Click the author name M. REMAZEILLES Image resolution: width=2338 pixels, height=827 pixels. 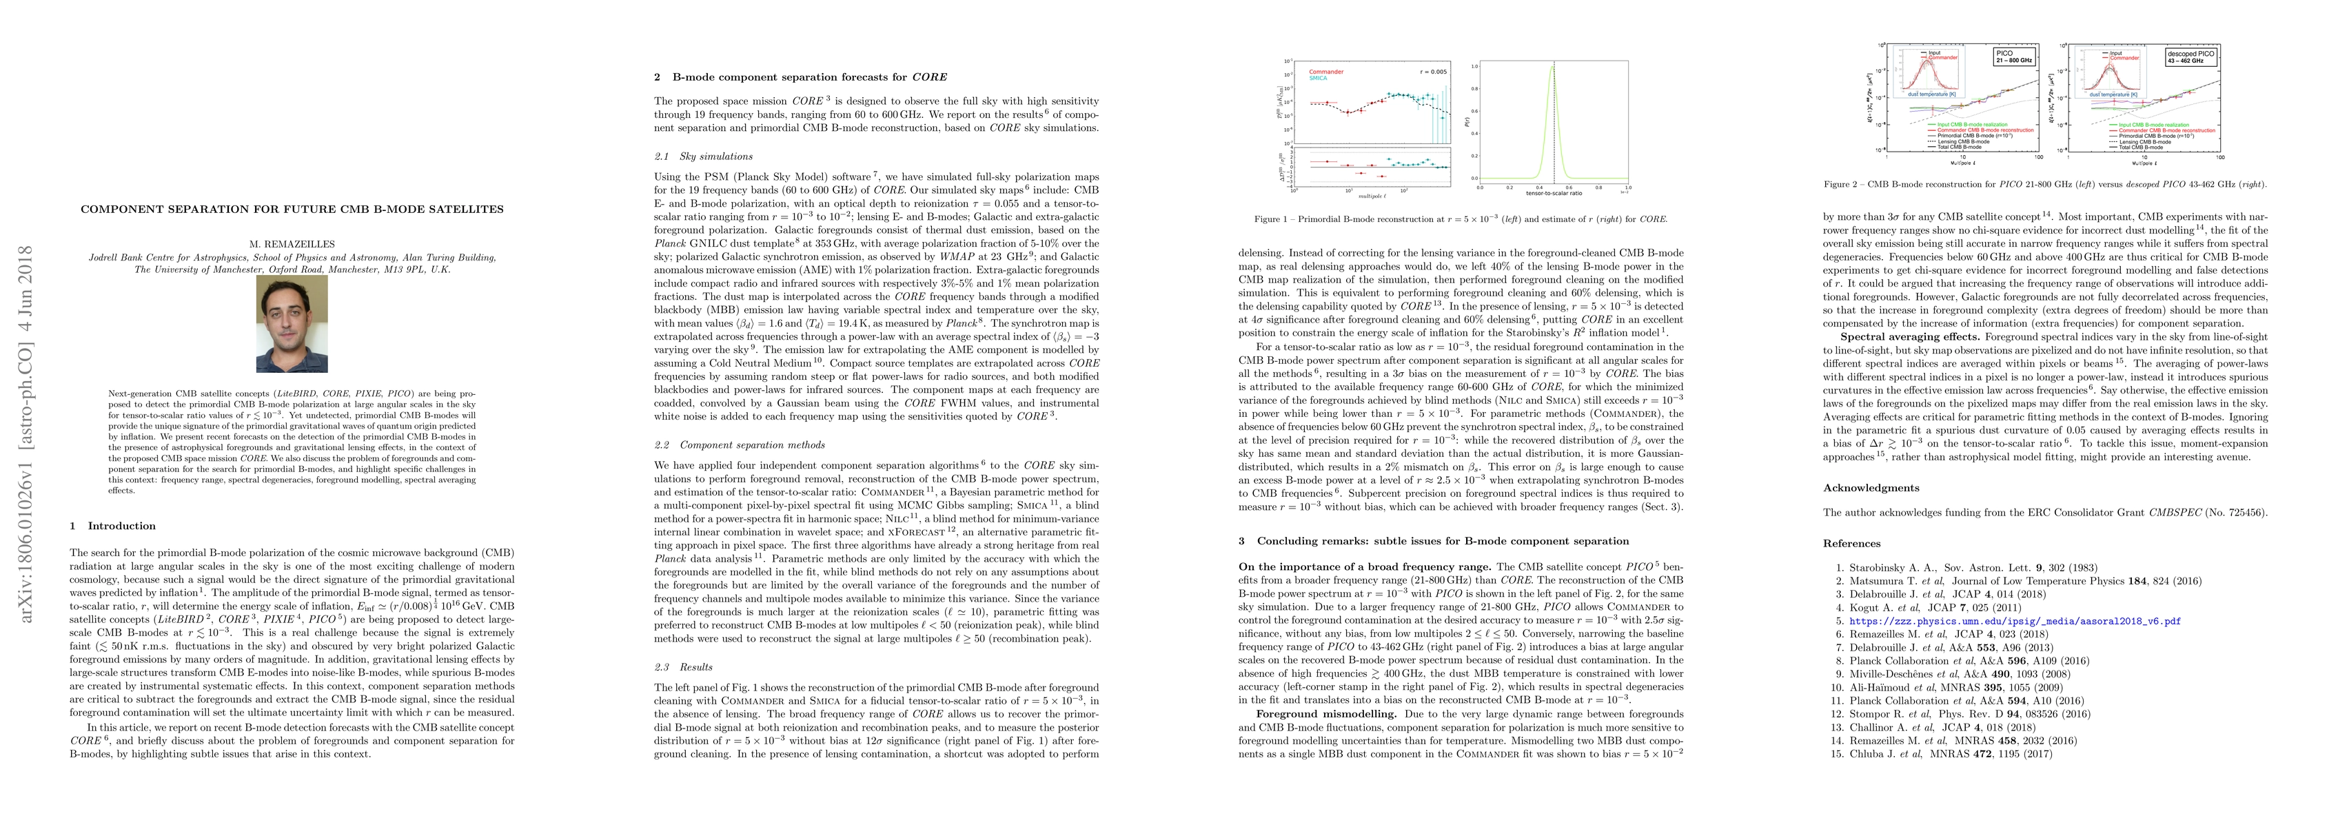tap(292, 243)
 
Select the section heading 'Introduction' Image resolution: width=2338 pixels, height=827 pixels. tap(121, 526)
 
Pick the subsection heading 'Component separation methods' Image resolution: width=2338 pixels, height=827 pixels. tap(753, 445)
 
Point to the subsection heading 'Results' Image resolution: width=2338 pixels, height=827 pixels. tap(696, 667)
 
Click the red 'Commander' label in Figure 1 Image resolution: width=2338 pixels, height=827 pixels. tap(1326, 72)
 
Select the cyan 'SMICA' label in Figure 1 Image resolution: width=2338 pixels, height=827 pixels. tap(1318, 78)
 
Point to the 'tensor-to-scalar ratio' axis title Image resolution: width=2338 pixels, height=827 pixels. tap(1553, 194)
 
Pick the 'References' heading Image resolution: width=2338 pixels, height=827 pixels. tap(1851, 544)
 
